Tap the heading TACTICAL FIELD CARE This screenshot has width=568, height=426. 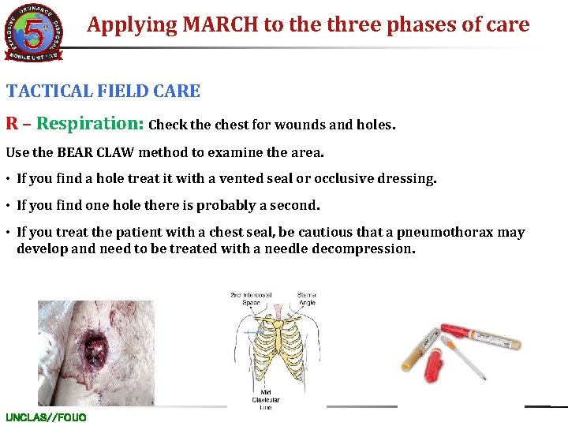103,91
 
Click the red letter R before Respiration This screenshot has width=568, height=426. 13,124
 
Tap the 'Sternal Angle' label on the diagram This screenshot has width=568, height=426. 308,300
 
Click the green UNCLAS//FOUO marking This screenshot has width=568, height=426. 46,417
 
